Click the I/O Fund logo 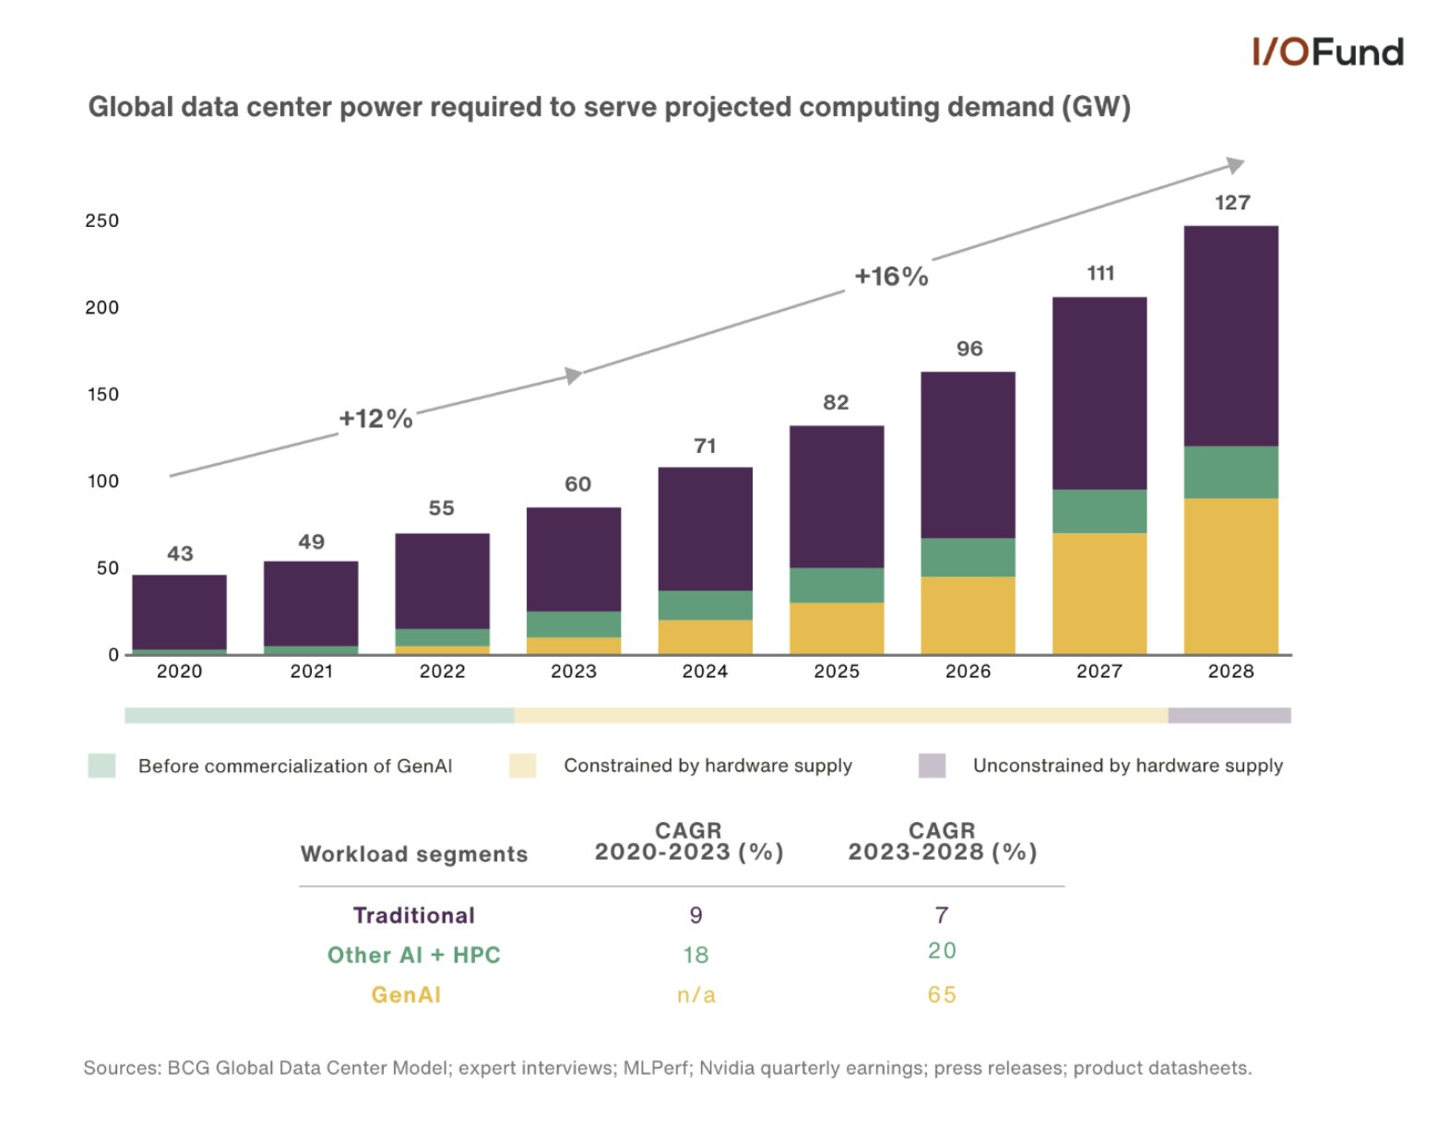pos(1326,53)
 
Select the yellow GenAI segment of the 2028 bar pos(1230,577)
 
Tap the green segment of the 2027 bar pos(1099,511)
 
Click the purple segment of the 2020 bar pos(179,612)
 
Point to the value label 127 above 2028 pos(1231,203)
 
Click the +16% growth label pos(890,277)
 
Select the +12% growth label pos(375,419)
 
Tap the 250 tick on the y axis pos(101,220)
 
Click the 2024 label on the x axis pos(705,672)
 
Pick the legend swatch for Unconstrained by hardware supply pos(932,766)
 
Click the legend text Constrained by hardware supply pos(707,766)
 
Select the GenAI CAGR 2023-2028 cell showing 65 pos(941,994)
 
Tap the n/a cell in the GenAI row pos(695,994)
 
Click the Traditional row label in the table pos(414,915)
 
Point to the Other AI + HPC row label pos(413,955)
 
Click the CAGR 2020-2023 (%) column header pos(688,841)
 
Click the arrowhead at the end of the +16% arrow pos(1235,166)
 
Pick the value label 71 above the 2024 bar pos(705,446)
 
